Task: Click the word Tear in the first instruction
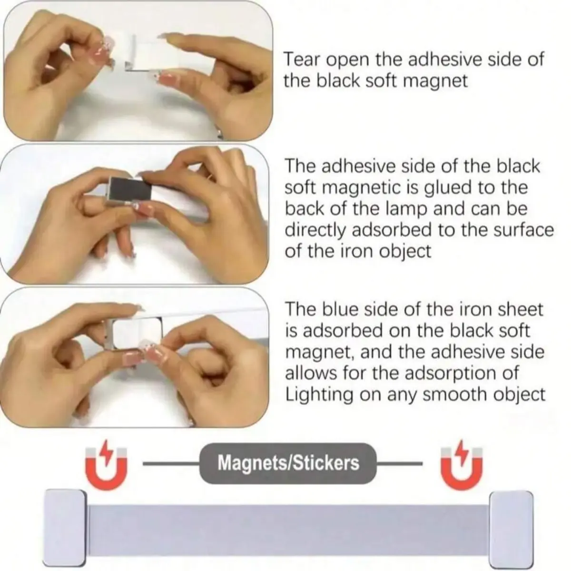click(x=298, y=59)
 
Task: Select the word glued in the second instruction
click(x=451, y=188)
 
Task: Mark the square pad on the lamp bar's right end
click(x=511, y=524)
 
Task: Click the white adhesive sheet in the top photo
click(x=148, y=53)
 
